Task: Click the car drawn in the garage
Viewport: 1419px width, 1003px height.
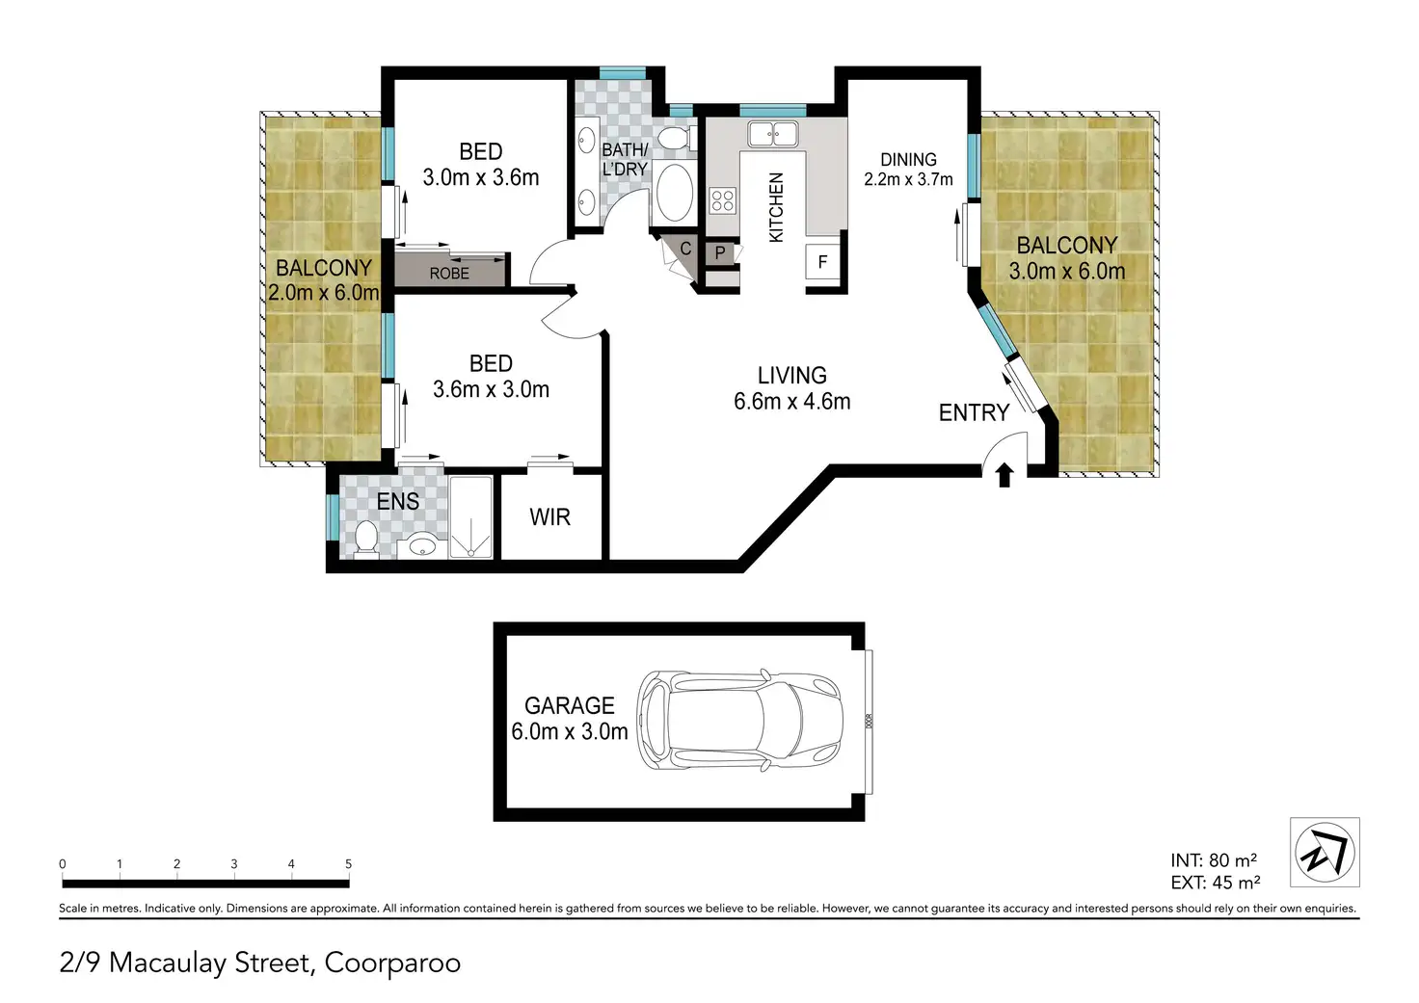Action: [x=740, y=720]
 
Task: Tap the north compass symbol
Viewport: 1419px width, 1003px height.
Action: [x=1325, y=852]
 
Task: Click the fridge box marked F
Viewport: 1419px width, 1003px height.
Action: [x=822, y=261]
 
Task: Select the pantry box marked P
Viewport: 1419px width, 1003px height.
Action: [x=720, y=253]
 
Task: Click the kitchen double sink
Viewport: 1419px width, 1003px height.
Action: [x=773, y=134]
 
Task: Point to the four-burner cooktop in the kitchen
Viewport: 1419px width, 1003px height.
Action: [x=723, y=200]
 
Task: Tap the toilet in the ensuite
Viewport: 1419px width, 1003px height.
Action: [x=366, y=541]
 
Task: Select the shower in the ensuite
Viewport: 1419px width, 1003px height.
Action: [x=470, y=517]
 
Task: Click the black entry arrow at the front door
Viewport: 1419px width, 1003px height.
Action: [x=1004, y=476]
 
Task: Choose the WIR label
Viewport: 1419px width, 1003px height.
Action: [x=549, y=517]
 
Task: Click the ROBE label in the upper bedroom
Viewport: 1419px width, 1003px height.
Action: [x=449, y=274]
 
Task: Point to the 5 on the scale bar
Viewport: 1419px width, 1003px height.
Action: [x=348, y=863]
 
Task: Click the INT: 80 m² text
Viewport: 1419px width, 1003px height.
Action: [x=1214, y=859]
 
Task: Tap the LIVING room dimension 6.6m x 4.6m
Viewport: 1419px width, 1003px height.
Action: [x=791, y=402]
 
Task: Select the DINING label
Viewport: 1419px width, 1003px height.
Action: [x=908, y=160]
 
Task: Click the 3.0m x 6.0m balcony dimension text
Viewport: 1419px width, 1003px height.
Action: [x=1067, y=272]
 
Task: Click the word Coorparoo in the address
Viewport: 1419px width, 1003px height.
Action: [x=392, y=963]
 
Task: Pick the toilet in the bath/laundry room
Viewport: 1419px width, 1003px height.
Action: [x=676, y=138]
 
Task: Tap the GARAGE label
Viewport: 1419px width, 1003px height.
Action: [x=570, y=705]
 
